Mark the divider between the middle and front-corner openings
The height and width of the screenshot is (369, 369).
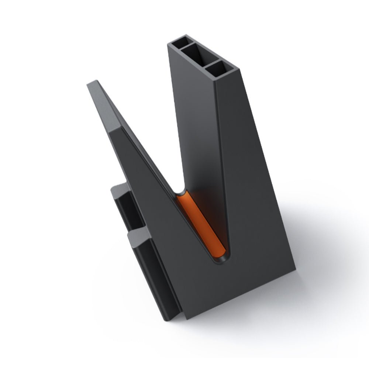(209, 62)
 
